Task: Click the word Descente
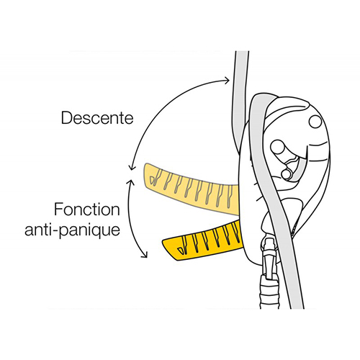click(x=97, y=118)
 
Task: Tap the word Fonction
click(x=87, y=210)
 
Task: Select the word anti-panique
click(x=72, y=230)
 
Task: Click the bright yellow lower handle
click(x=202, y=243)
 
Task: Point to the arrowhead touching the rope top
click(x=227, y=80)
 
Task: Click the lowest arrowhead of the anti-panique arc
click(x=145, y=254)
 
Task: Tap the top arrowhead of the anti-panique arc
click(x=131, y=182)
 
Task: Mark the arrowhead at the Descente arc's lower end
click(x=131, y=167)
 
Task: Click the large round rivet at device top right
click(x=315, y=122)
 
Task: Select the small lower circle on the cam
click(x=287, y=174)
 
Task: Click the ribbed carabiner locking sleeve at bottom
click(x=270, y=292)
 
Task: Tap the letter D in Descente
click(x=66, y=118)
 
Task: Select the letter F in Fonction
click(x=58, y=210)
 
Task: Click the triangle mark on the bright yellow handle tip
click(x=181, y=251)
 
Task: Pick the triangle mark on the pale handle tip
click(x=153, y=180)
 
